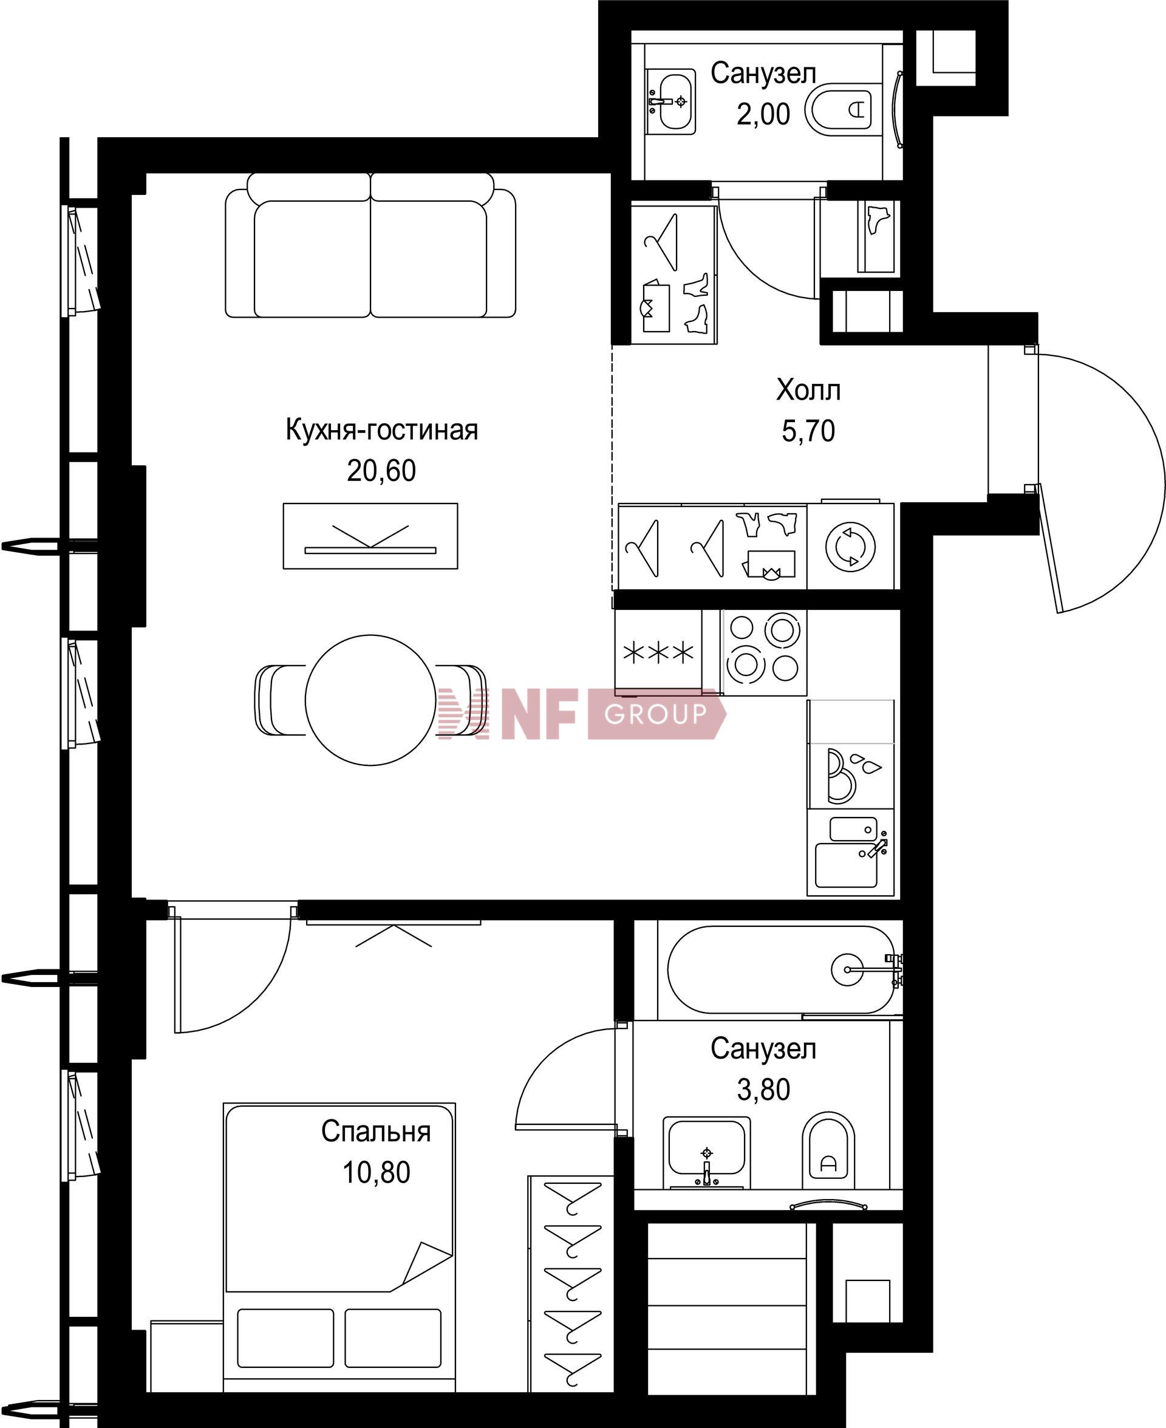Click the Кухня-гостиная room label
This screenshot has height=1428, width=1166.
381,431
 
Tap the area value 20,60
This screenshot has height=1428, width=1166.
381,471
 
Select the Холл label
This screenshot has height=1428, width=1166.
808,390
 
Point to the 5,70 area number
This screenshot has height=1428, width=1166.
808,431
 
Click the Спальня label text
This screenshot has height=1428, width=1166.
376,1131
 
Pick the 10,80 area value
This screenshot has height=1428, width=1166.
376,1172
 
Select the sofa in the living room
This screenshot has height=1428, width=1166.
370,245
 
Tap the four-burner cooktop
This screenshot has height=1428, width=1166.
764,652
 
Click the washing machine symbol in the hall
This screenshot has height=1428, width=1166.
851,547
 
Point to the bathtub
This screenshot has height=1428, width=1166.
781,969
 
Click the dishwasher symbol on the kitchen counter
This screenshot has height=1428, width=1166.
851,776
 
